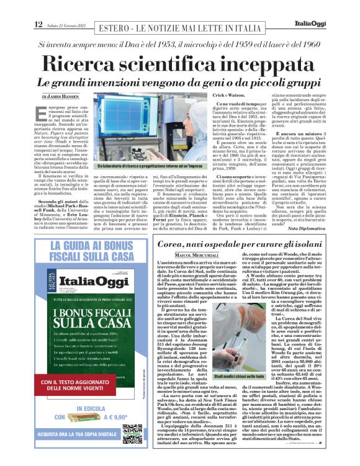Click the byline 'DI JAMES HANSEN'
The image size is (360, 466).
coord(61,97)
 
